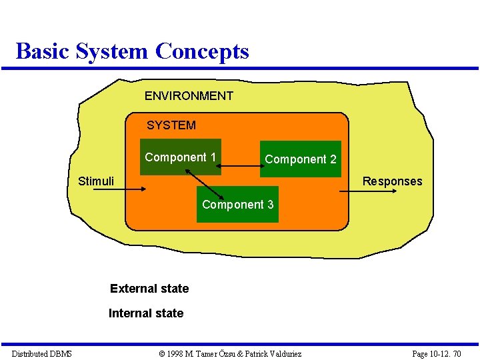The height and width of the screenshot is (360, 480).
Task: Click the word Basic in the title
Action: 43,51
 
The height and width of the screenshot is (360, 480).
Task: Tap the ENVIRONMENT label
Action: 189,96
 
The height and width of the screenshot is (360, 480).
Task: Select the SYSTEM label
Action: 171,125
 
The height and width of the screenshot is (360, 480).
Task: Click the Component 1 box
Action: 180,157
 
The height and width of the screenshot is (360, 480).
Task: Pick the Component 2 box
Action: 300,159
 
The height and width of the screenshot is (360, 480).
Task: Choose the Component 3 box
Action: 238,205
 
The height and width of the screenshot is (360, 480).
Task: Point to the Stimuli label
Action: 96,181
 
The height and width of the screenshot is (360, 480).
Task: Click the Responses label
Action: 392,181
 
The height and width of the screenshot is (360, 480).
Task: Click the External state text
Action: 149,289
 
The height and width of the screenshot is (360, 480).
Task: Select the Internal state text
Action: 146,313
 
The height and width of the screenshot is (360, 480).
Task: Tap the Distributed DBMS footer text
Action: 41,353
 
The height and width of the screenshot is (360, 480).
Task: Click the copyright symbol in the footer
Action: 162,353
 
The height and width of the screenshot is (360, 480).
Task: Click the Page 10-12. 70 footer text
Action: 436,353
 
